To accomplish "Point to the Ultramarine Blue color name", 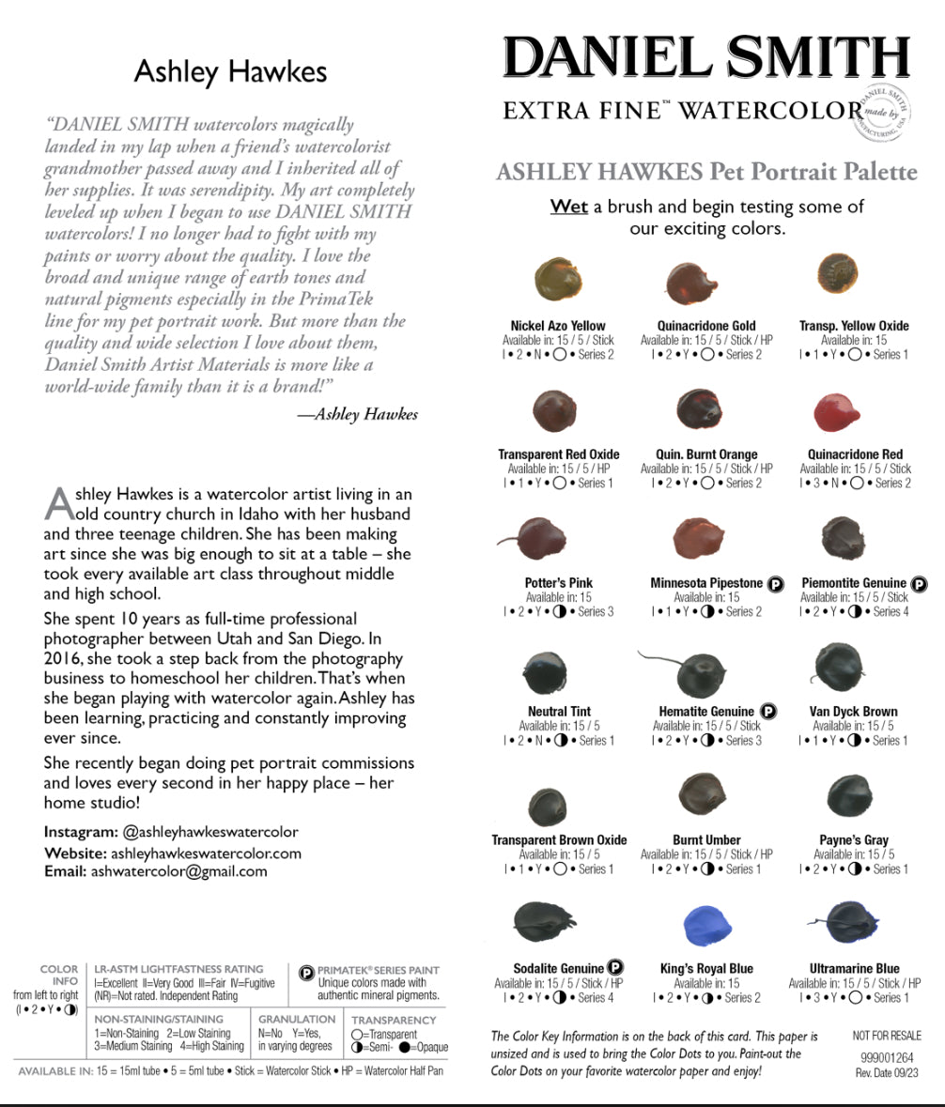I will click(x=854, y=968).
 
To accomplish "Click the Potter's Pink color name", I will click(x=558, y=583).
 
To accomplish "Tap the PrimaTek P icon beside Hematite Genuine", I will click(x=767, y=712).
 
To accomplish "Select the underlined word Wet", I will click(x=568, y=207).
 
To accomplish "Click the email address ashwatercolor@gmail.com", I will click(x=178, y=871).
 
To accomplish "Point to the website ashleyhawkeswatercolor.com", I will click(x=206, y=853).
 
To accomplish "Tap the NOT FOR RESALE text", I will click(x=886, y=1036).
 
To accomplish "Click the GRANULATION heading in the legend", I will click(x=297, y=1019).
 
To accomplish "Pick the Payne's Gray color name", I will click(x=854, y=840).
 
